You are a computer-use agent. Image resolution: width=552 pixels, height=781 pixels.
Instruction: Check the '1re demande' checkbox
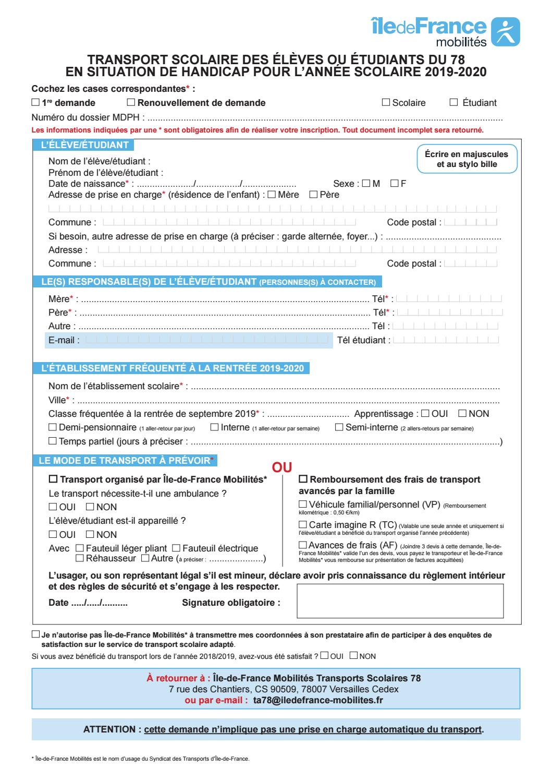click(35, 103)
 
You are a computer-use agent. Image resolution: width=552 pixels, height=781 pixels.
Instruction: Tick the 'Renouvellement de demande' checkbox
click(131, 103)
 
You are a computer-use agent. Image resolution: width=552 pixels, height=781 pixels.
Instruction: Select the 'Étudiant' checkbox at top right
click(453, 103)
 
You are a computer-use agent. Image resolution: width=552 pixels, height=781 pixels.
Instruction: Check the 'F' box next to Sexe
click(394, 183)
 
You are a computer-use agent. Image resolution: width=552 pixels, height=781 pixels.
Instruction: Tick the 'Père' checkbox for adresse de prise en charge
click(313, 195)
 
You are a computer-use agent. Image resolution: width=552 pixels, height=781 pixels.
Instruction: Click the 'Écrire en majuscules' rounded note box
click(467, 159)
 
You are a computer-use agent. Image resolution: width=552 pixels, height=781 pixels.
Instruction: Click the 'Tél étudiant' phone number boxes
click(446, 340)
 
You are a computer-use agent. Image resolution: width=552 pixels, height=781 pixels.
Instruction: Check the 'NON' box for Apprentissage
click(462, 414)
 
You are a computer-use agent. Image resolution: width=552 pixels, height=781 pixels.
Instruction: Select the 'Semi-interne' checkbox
click(339, 427)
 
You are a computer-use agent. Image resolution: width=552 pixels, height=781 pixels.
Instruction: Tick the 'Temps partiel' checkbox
click(52, 441)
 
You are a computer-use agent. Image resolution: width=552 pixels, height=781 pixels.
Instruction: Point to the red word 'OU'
click(283, 467)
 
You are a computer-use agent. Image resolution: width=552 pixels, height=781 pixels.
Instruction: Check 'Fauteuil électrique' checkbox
click(176, 548)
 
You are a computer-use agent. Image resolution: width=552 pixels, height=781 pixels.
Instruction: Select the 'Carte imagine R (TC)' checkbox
click(302, 524)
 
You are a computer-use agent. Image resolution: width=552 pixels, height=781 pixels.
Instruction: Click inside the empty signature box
click(400, 600)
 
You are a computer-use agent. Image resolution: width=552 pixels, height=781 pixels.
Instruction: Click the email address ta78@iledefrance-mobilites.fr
click(318, 700)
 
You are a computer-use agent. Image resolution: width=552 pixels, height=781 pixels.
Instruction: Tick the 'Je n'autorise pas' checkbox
click(35, 635)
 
